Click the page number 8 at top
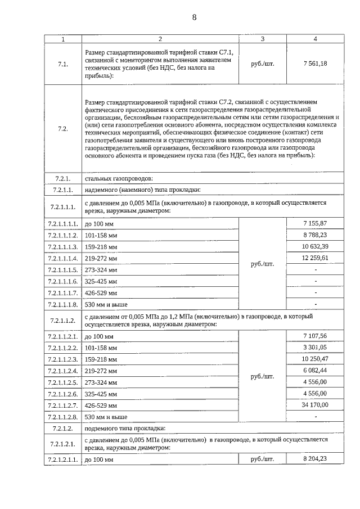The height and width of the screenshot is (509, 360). tap(195, 17)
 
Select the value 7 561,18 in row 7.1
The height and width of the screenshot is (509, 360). tap(315, 64)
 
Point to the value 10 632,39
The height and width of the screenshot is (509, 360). tap(315, 246)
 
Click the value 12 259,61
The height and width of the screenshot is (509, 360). tap(315, 258)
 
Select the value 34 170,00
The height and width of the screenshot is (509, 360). tap(315, 404)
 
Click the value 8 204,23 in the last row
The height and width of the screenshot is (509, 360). tap(315, 459)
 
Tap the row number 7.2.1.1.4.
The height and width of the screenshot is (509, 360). tap(63, 259)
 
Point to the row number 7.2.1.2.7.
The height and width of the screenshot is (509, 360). tap(63, 405)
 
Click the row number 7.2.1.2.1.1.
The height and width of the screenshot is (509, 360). tap(63, 460)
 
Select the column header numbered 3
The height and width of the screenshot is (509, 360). tap(262, 39)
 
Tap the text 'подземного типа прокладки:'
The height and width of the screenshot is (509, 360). tap(124, 428)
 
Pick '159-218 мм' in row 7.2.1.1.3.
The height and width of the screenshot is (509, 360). tap(101, 247)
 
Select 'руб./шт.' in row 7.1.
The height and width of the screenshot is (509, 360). tap(262, 64)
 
